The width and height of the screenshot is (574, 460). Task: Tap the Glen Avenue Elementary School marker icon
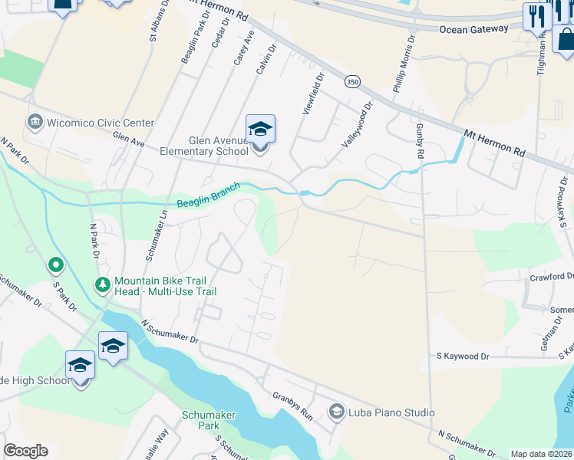(x=260, y=129)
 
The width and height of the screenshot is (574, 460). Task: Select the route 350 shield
(x=352, y=81)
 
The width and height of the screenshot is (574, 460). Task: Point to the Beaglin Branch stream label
(x=208, y=195)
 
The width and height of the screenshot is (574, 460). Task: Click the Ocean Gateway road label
(x=473, y=29)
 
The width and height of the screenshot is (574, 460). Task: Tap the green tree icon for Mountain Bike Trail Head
(x=102, y=285)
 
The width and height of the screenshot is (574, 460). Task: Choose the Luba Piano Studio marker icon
(x=335, y=412)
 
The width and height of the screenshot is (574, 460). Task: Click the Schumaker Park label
(x=209, y=420)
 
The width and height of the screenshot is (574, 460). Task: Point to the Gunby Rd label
(x=421, y=143)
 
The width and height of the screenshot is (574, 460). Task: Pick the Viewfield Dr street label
(x=313, y=94)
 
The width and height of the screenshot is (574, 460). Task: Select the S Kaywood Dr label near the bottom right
(x=462, y=356)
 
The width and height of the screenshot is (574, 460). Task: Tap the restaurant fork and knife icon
(x=536, y=15)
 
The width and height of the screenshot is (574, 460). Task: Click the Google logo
(x=25, y=451)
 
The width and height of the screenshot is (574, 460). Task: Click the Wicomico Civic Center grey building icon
(x=35, y=123)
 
